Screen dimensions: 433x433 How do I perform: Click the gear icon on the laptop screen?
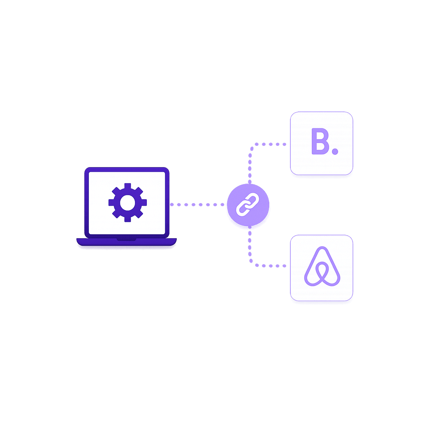tap(128, 202)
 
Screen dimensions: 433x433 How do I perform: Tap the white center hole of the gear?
tap(128, 203)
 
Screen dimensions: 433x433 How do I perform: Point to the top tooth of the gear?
tap(128, 186)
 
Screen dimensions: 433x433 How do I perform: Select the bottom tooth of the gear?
tap(128, 219)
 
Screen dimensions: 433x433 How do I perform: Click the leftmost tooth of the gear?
tap(111, 202)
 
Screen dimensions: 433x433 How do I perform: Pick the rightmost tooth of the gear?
tap(144, 202)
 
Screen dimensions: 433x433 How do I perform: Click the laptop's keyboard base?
tap(127, 242)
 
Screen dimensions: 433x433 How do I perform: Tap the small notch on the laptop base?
tap(126, 240)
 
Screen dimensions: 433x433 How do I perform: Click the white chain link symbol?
tap(248, 205)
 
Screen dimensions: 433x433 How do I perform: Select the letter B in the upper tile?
tap(320, 141)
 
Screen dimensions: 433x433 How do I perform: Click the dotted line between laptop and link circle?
tap(197, 205)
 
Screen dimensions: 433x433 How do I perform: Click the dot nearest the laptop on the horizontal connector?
tap(172, 205)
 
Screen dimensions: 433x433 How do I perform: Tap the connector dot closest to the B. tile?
tap(284, 144)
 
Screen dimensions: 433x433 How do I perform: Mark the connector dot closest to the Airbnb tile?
tap(284, 266)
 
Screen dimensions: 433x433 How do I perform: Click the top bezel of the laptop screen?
tap(127, 170)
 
